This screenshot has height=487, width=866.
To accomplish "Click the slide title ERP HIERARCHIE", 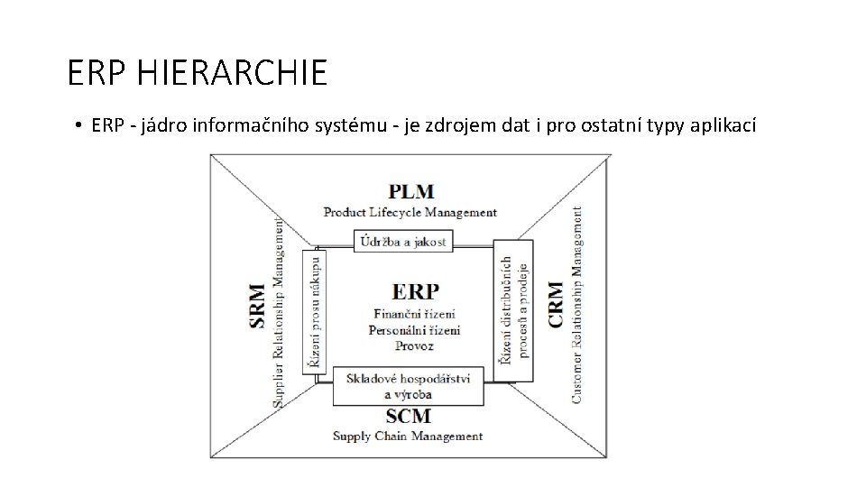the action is click(198, 73).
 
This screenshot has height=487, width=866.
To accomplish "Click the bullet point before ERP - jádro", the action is click(79, 127).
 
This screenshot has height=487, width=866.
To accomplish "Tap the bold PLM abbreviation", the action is click(410, 192).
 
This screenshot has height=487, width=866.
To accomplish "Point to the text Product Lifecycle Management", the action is click(410, 213).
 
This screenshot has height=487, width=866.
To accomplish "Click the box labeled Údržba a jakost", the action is click(403, 241).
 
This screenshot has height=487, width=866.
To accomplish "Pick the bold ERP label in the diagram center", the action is click(416, 291).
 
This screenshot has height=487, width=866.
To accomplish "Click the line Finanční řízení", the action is click(414, 314).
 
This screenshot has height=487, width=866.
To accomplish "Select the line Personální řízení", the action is click(414, 330).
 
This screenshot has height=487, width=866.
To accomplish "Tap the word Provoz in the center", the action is click(414, 345).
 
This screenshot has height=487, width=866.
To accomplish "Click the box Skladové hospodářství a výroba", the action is click(408, 385).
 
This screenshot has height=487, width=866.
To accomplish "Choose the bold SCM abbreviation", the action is click(408, 417).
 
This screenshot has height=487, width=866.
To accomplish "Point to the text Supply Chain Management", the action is click(408, 436).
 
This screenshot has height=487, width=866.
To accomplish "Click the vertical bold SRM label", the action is click(259, 307).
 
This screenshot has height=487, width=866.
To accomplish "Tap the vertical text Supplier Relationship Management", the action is click(280, 308).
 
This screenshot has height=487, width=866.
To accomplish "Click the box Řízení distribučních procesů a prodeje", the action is click(513, 309).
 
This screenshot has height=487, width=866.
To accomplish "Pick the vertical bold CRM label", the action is click(556, 304).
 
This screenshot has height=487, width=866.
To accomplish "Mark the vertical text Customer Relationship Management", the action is click(577, 304).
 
